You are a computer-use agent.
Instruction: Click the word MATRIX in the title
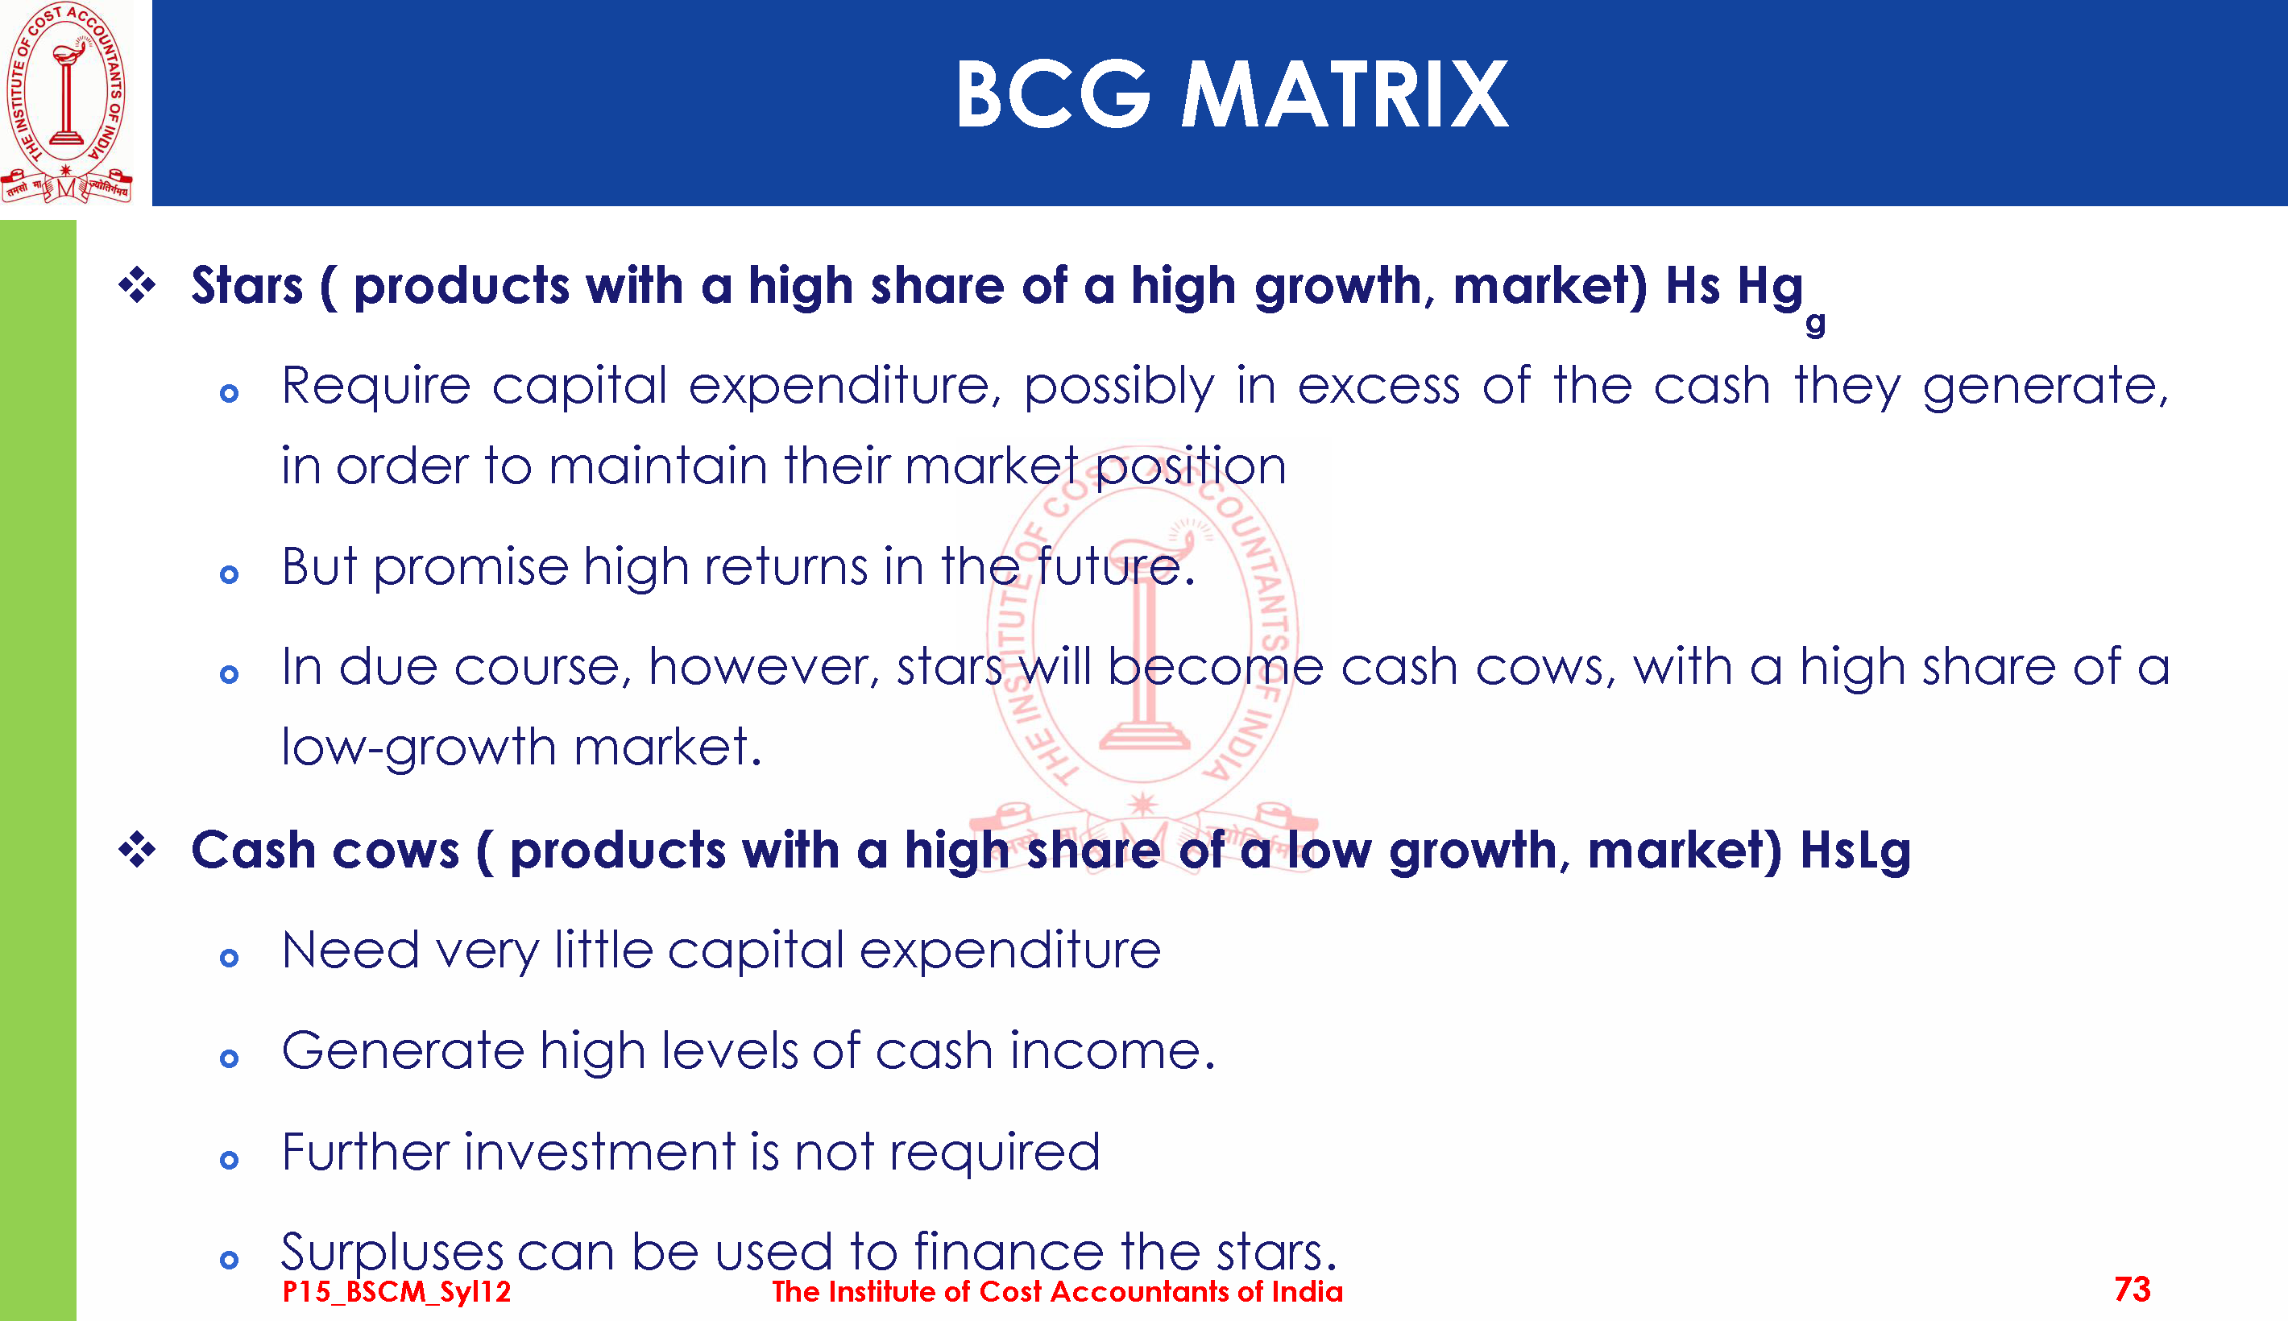click(x=1345, y=94)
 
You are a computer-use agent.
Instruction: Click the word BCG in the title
click(x=1053, y=94)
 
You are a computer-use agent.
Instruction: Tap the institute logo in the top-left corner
click(x=66, y=101)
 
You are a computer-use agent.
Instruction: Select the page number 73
click(x=2132, y=1290)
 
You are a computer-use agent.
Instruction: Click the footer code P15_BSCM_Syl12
click(x=396, y=1291)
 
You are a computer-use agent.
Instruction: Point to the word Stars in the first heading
click(x=247, y=286)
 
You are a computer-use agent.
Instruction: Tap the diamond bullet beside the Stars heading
click(x=137, y=286)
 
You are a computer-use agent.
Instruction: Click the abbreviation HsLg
click(x=1855, y=852)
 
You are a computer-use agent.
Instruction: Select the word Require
click(x=375, y=387)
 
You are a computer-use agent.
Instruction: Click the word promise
click(x=470, y=569)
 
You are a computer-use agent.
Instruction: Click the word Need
click(x=351, y=950)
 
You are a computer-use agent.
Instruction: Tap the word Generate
click(x=403, y=1051)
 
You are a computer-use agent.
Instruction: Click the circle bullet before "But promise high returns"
click(x=230, y=574)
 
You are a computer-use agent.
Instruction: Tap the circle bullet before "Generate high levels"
click(x=230, y=1058)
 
